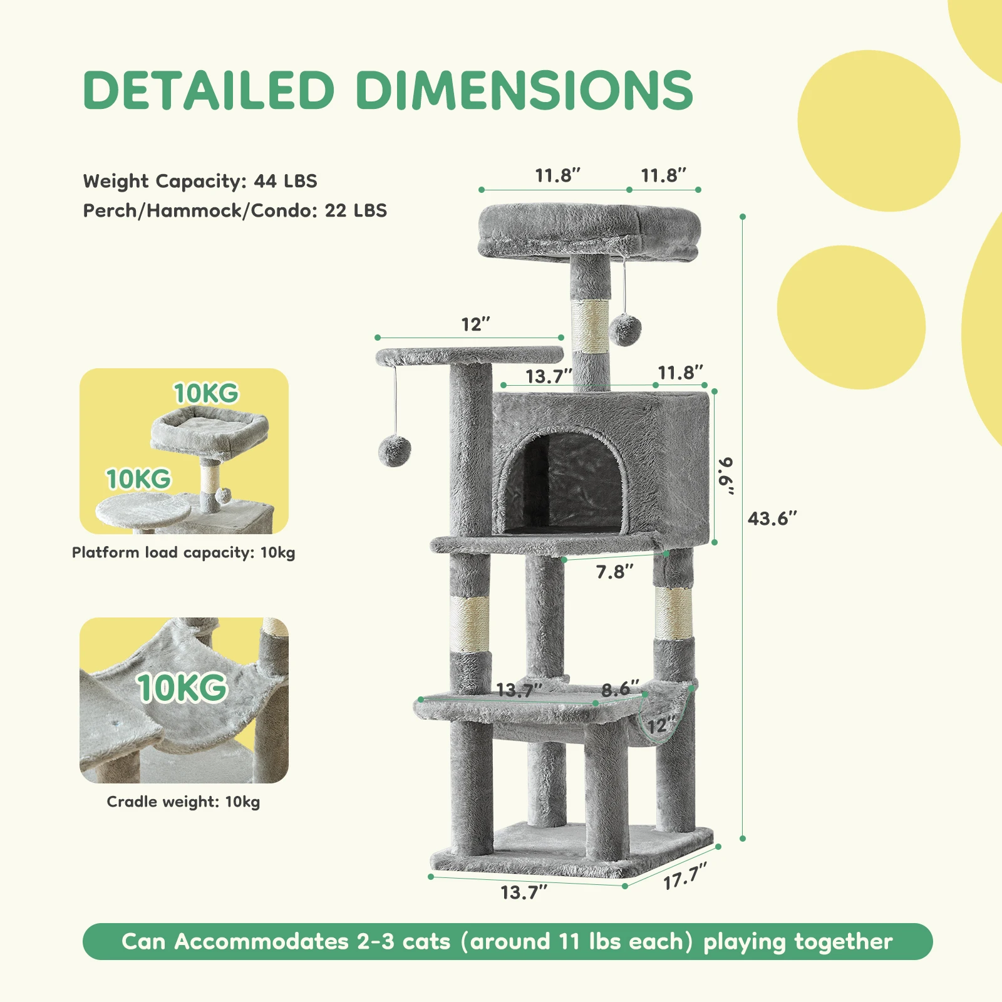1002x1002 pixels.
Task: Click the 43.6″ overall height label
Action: pos(772,519)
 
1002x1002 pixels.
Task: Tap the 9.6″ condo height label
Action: pos(726,475)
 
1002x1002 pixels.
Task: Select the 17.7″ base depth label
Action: pos(685,875)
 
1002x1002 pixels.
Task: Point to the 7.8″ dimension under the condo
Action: pos(614,572)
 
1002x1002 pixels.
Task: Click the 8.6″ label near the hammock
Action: pos(620,690)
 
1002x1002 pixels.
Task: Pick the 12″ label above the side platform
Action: pos(475,324)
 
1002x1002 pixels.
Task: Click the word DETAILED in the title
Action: pos(209,90)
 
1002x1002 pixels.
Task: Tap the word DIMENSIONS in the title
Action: pos(524,90)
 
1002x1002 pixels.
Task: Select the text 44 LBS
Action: pos(286,181)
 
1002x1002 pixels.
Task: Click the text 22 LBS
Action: pos(356,210)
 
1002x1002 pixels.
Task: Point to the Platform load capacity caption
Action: pos(183,552)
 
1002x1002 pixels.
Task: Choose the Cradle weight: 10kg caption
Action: pos(183,802)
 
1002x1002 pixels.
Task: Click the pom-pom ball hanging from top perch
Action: pos(625,329)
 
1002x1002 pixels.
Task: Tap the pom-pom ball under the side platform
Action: pos(395,452)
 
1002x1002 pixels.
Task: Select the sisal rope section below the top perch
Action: pos(590,326)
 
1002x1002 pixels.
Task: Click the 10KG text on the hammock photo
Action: pos(182,688)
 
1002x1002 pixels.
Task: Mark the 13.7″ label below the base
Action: pos(524,892)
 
